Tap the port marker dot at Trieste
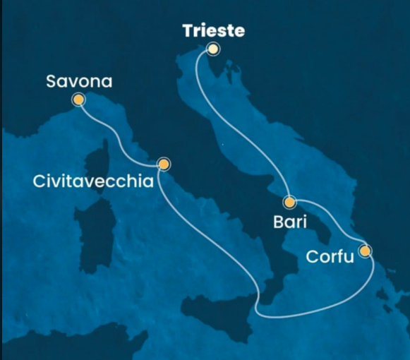212,49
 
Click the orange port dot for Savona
78,100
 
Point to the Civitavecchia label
93,181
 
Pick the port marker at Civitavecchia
164,164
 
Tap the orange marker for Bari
289,201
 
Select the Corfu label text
330,256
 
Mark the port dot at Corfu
365,251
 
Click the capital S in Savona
52,82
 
